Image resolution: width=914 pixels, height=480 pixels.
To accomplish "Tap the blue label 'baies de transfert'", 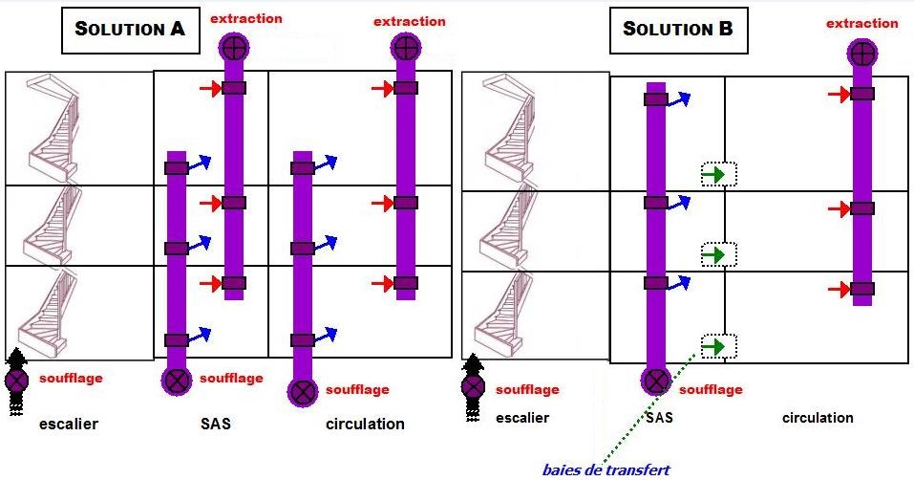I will coord(606,469).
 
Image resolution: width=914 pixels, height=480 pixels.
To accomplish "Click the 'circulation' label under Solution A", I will coord(365,424).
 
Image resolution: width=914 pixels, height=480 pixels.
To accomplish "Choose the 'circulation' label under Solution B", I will coord(818,418).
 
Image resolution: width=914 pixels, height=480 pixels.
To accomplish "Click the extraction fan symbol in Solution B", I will coord(862,53).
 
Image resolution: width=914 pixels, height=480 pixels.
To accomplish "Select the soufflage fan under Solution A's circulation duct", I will coord(303,391).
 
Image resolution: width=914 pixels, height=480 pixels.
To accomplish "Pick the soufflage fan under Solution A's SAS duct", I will coord(178,380).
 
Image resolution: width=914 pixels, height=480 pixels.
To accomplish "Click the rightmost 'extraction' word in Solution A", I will coord(409,21).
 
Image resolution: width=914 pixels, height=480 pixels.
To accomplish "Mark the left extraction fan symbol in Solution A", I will coord(234,45).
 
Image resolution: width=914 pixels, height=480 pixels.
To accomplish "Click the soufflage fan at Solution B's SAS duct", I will coord(655,382).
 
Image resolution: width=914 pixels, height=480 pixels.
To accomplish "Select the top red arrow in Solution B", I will coord(839,94).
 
